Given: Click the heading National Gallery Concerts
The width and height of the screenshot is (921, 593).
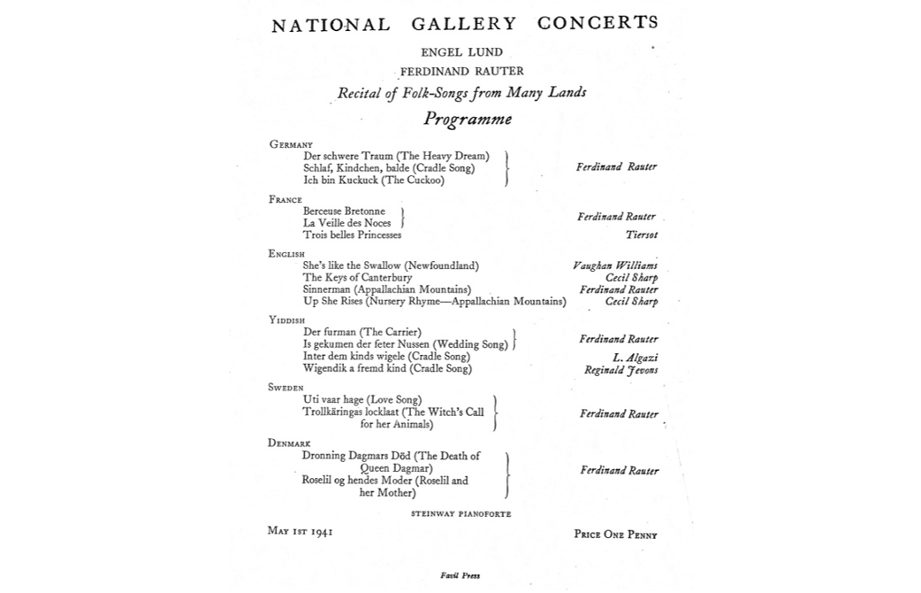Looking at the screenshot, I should (x=465, y=24).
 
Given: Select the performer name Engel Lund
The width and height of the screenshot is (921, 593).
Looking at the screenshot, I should (x=461, y=52).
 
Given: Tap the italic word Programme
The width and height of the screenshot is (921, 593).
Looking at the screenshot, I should (x=467, y=119).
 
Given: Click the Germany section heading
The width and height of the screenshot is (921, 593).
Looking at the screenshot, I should (x=291, y=144).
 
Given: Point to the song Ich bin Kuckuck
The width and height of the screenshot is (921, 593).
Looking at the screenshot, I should (x=374, y=181).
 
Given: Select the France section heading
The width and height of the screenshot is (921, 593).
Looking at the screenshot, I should (x=285, y=200).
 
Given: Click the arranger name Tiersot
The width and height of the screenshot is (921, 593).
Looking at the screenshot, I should (x=641, y=235).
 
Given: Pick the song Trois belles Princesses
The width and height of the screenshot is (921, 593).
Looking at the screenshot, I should (x=352, y=235).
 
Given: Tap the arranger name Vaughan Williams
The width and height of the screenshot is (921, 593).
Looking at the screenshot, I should (x=614, y=266).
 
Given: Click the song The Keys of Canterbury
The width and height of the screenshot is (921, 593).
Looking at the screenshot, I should (x=357, y=278).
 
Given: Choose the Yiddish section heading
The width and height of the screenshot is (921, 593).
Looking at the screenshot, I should (x=286, y=320).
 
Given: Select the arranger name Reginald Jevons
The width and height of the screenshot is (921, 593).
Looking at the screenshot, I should (x=620, y=370).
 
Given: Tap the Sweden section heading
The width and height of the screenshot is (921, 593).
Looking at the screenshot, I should (x=285, y=388).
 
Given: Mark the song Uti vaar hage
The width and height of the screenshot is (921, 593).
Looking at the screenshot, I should (x=362, y=400).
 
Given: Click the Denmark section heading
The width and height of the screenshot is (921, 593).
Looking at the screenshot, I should (x=289, y=443).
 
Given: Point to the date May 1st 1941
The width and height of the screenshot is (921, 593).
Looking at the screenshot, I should (x=300, y=531).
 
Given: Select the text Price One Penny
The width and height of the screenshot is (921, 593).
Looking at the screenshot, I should (x=615, y=535).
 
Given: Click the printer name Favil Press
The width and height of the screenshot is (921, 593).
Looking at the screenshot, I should (x=460, y=575).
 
